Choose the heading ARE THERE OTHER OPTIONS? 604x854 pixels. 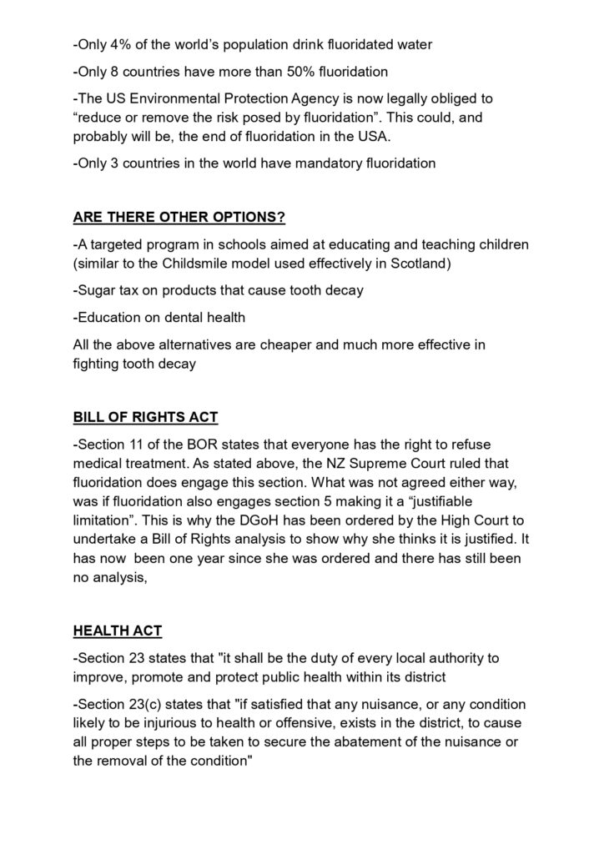click(x=179, y=219)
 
